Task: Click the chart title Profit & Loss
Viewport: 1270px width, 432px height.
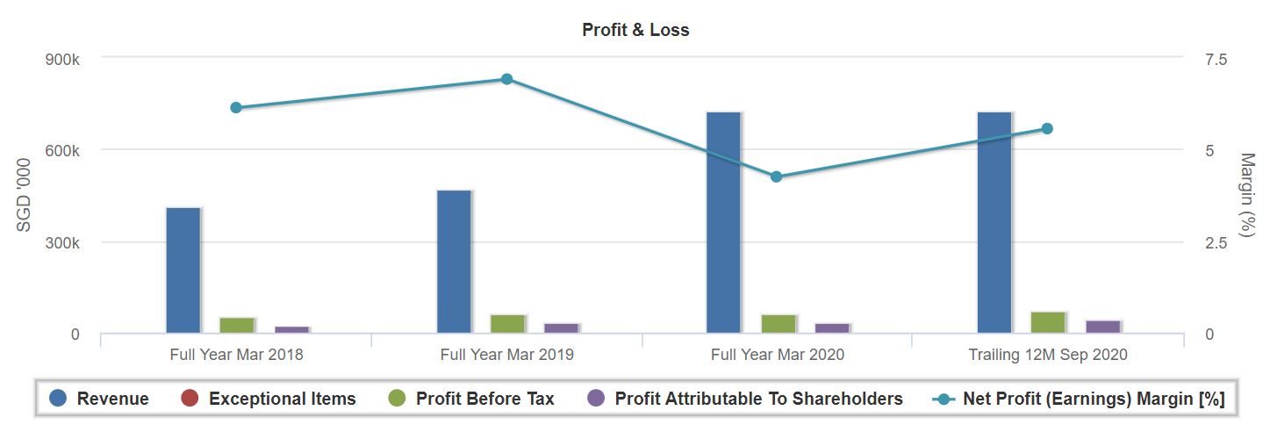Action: click(635, 30)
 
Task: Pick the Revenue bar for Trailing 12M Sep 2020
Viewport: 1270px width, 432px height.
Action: click(994, 223)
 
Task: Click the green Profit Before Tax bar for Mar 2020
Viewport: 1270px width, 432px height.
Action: click(779, 324)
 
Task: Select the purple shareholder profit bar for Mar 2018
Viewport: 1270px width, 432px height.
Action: click(292, 330)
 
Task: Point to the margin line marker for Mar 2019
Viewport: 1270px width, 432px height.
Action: click(506, 79)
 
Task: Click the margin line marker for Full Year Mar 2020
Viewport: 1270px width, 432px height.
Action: click(777, 176)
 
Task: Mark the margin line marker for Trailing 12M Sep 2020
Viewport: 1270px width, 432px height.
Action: click(1047, 129)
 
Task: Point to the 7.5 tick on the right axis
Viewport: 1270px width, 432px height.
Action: click(1216, 59)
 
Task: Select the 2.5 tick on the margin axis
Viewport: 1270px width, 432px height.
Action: click(1216, 242)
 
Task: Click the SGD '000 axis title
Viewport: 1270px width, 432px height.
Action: click(25, 195)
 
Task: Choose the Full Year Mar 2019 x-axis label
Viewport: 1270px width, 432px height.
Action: click(506, 355)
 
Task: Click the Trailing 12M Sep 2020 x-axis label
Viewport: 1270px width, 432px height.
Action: click(1047, 355)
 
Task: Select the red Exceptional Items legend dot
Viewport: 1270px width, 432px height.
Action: click(190, 399)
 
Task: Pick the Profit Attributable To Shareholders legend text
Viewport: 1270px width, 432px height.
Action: click(758, 399)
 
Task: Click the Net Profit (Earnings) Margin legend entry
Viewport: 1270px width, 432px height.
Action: click(1093, 399)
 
